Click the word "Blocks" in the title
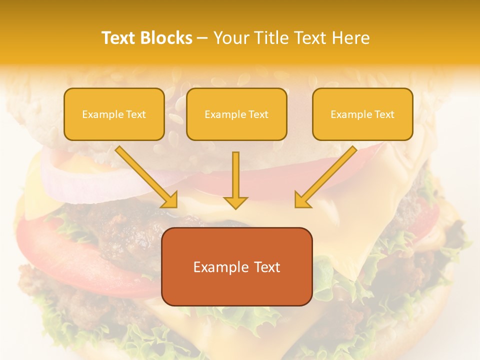[x=166, y=38]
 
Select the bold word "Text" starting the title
[x=118, y=38]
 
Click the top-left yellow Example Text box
[x=114, y=114]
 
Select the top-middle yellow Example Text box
[x=236, y=114]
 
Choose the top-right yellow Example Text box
[x=362, y=114]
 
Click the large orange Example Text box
[x=237, y=266]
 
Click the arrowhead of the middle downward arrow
[x=235, y=202]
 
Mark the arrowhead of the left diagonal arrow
[x=170, y=200]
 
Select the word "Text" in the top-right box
[x=384, y=114]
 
